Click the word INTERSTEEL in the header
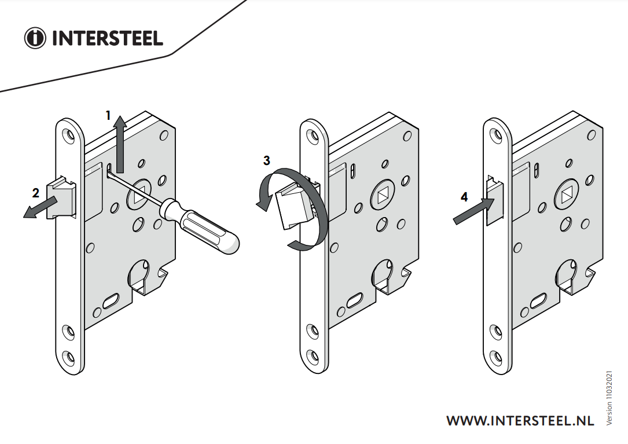[107, 38]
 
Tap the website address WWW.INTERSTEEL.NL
[520, 421]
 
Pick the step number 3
[267, 160]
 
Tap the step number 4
[464, 197]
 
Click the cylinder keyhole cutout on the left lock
[139, 273]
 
